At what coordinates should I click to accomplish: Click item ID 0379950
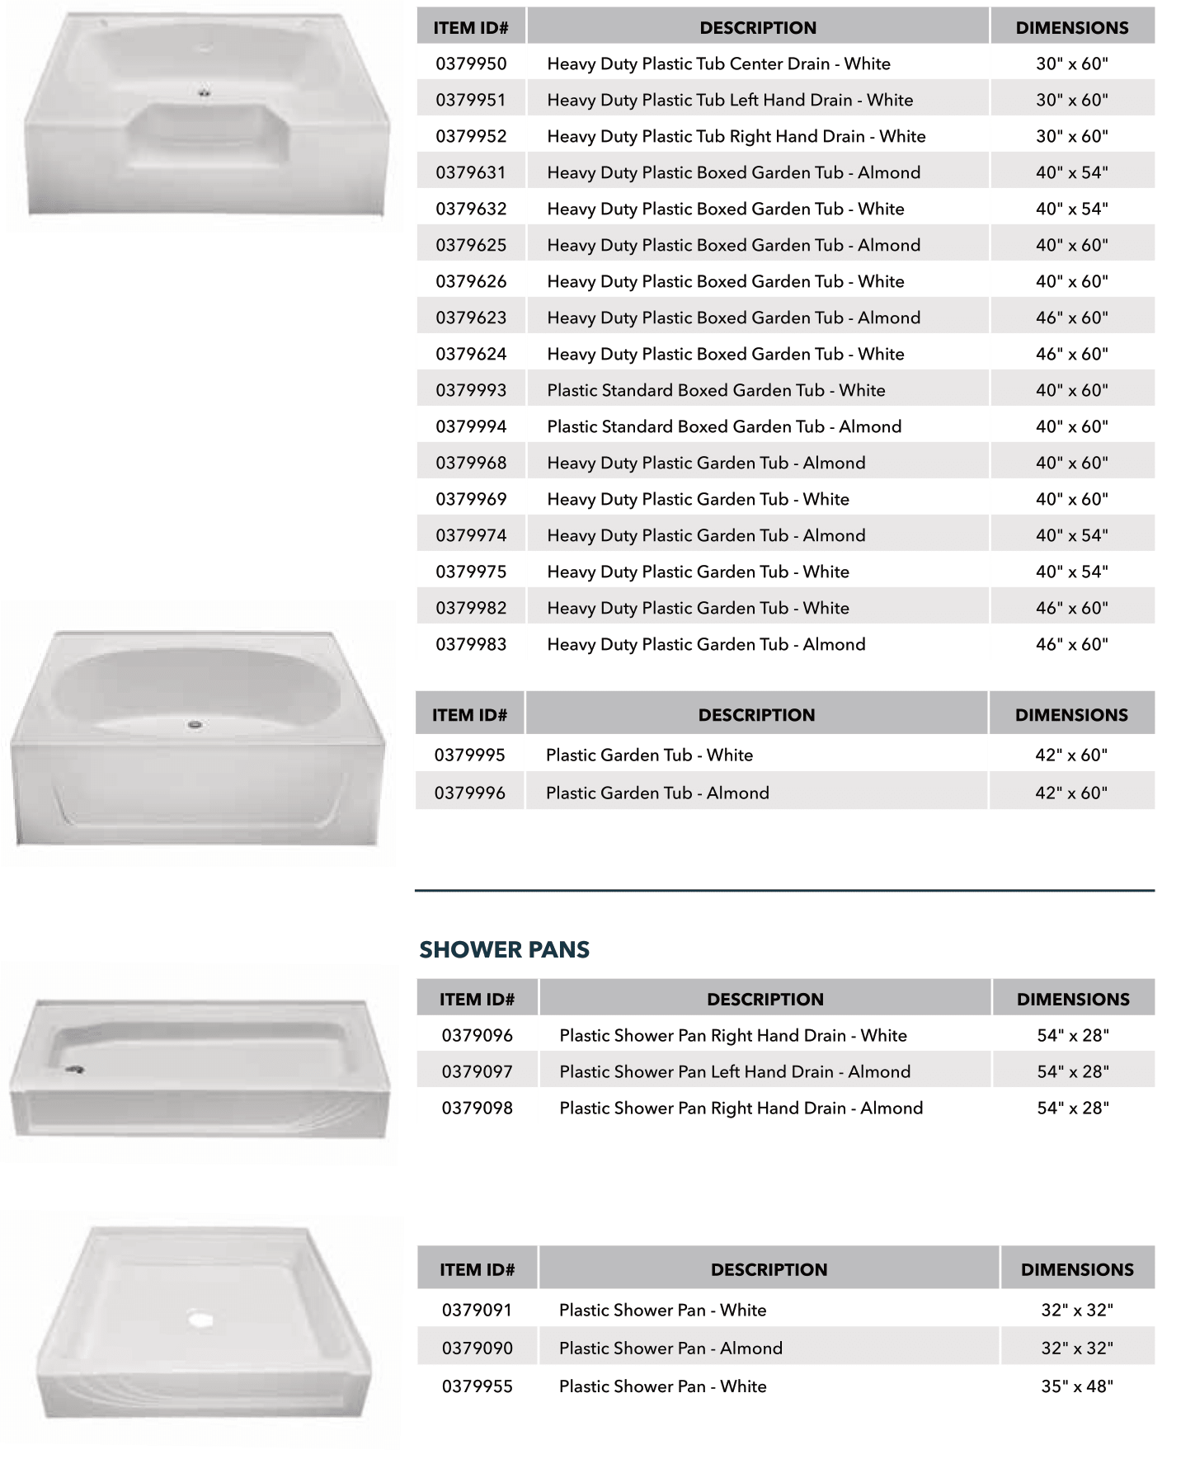pyautogui.click(x=471, y=64)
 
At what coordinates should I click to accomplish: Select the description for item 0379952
pyautogui.click(x=736, y=136)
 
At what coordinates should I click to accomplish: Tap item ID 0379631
pyautogui.click(x=471, y=172)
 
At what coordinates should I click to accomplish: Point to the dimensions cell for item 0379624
pyautogui.click(x=1071, y=354)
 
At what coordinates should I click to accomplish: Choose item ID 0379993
pyautogui.click(x=471, y=390)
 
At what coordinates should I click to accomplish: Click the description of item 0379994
pyautogui.click(x=723, y=426)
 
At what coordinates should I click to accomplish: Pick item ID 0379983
pyautogui.click(x=471, y=644)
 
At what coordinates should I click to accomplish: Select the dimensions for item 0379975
pyautogui.click(x=1071, y=572)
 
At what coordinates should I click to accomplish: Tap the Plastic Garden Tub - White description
pyautogui.click(x=649, y=755)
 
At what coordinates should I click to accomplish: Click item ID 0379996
pyautogui.click(x=470, y=793)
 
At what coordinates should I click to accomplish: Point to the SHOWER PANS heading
pyautogui.click(x=504, y=949)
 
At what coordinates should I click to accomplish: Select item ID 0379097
pyautogui.click(x=477, y=1071)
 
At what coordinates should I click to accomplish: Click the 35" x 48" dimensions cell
pyautogui.click(x=1076, y=1386)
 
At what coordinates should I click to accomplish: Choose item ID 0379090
pyautogui.click(x=477, y=1348)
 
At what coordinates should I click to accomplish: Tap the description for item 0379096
pyautogui.click(x=732, y=1035)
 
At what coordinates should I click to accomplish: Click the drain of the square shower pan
pyautogui.click(x=200, y=1319)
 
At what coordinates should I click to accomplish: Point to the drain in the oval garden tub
pyautogui.click(x=195, y=725)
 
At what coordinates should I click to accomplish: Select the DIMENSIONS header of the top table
pyautogui.click(x=1071, y=27)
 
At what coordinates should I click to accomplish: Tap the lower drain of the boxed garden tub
pyautogui.click(x=204, y=93)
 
